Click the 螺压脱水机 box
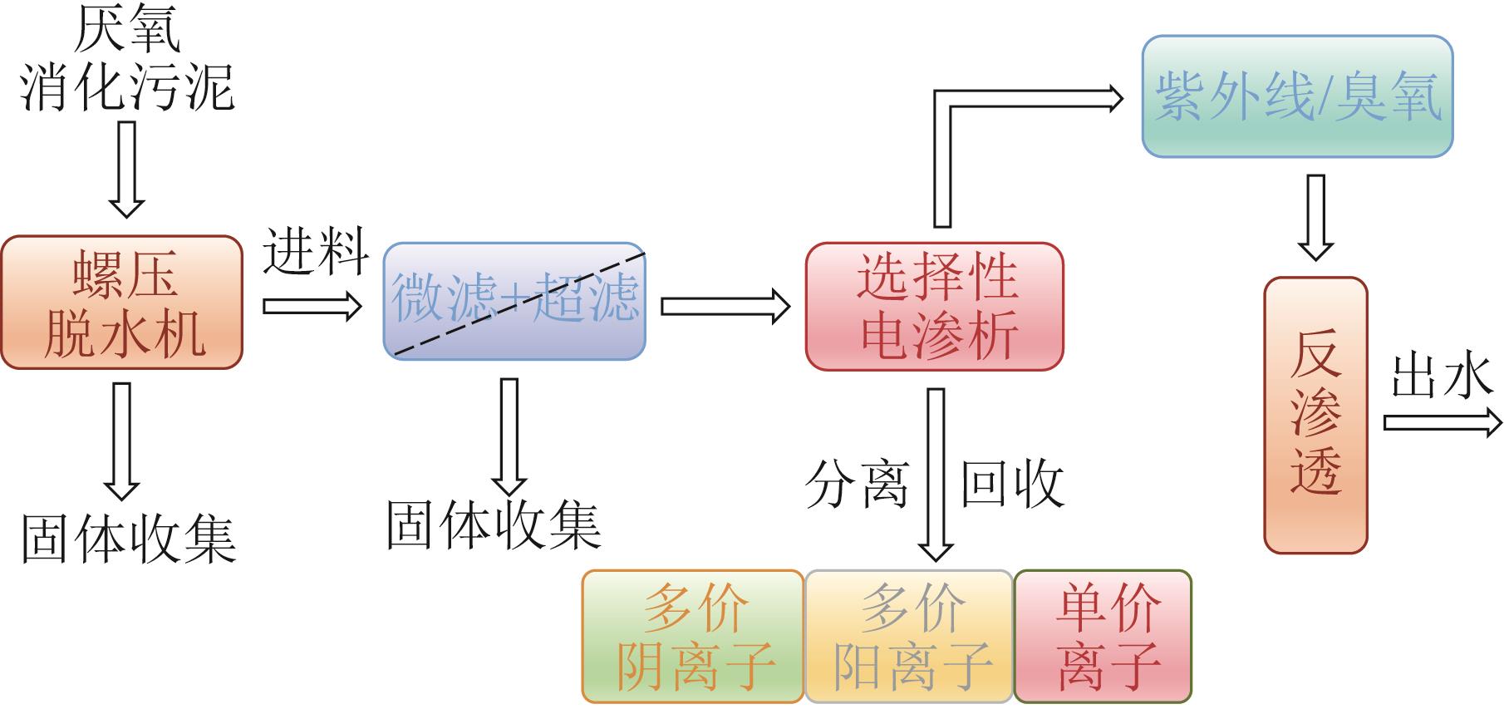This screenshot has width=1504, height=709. pyautogui.click(x=122, y=303)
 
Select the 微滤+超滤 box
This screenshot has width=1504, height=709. pyautogui.click(x=514, y=301)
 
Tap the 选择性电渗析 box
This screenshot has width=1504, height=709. pyautogui.click(x=934, y=306)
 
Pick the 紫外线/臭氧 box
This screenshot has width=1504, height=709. pyautogui.click(x=1297, y=96)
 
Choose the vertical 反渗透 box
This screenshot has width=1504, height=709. pyautogui.click(x=1315, y=414)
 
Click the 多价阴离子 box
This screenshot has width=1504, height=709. pyautogui.click(x=693, y=637)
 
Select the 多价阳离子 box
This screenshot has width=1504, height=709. pyautogui.click(x=909, y=637)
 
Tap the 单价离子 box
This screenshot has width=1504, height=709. pyautogui.click(x=1103, y=637)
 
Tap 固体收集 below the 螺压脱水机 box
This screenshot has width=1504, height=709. pyautogui.click(x=128, y=539)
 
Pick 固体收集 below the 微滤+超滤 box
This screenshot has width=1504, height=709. pyautogui.click(x=494, y=525)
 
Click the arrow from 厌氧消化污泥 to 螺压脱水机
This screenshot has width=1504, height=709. pyautogui.click(x=126, y=169)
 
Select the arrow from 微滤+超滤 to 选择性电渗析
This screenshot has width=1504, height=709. pyautogui.click(x=725, y=306)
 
